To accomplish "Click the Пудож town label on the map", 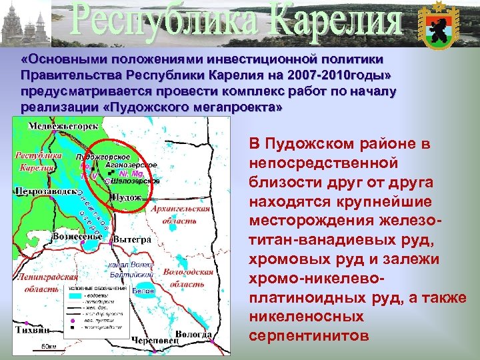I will (128, 198).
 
